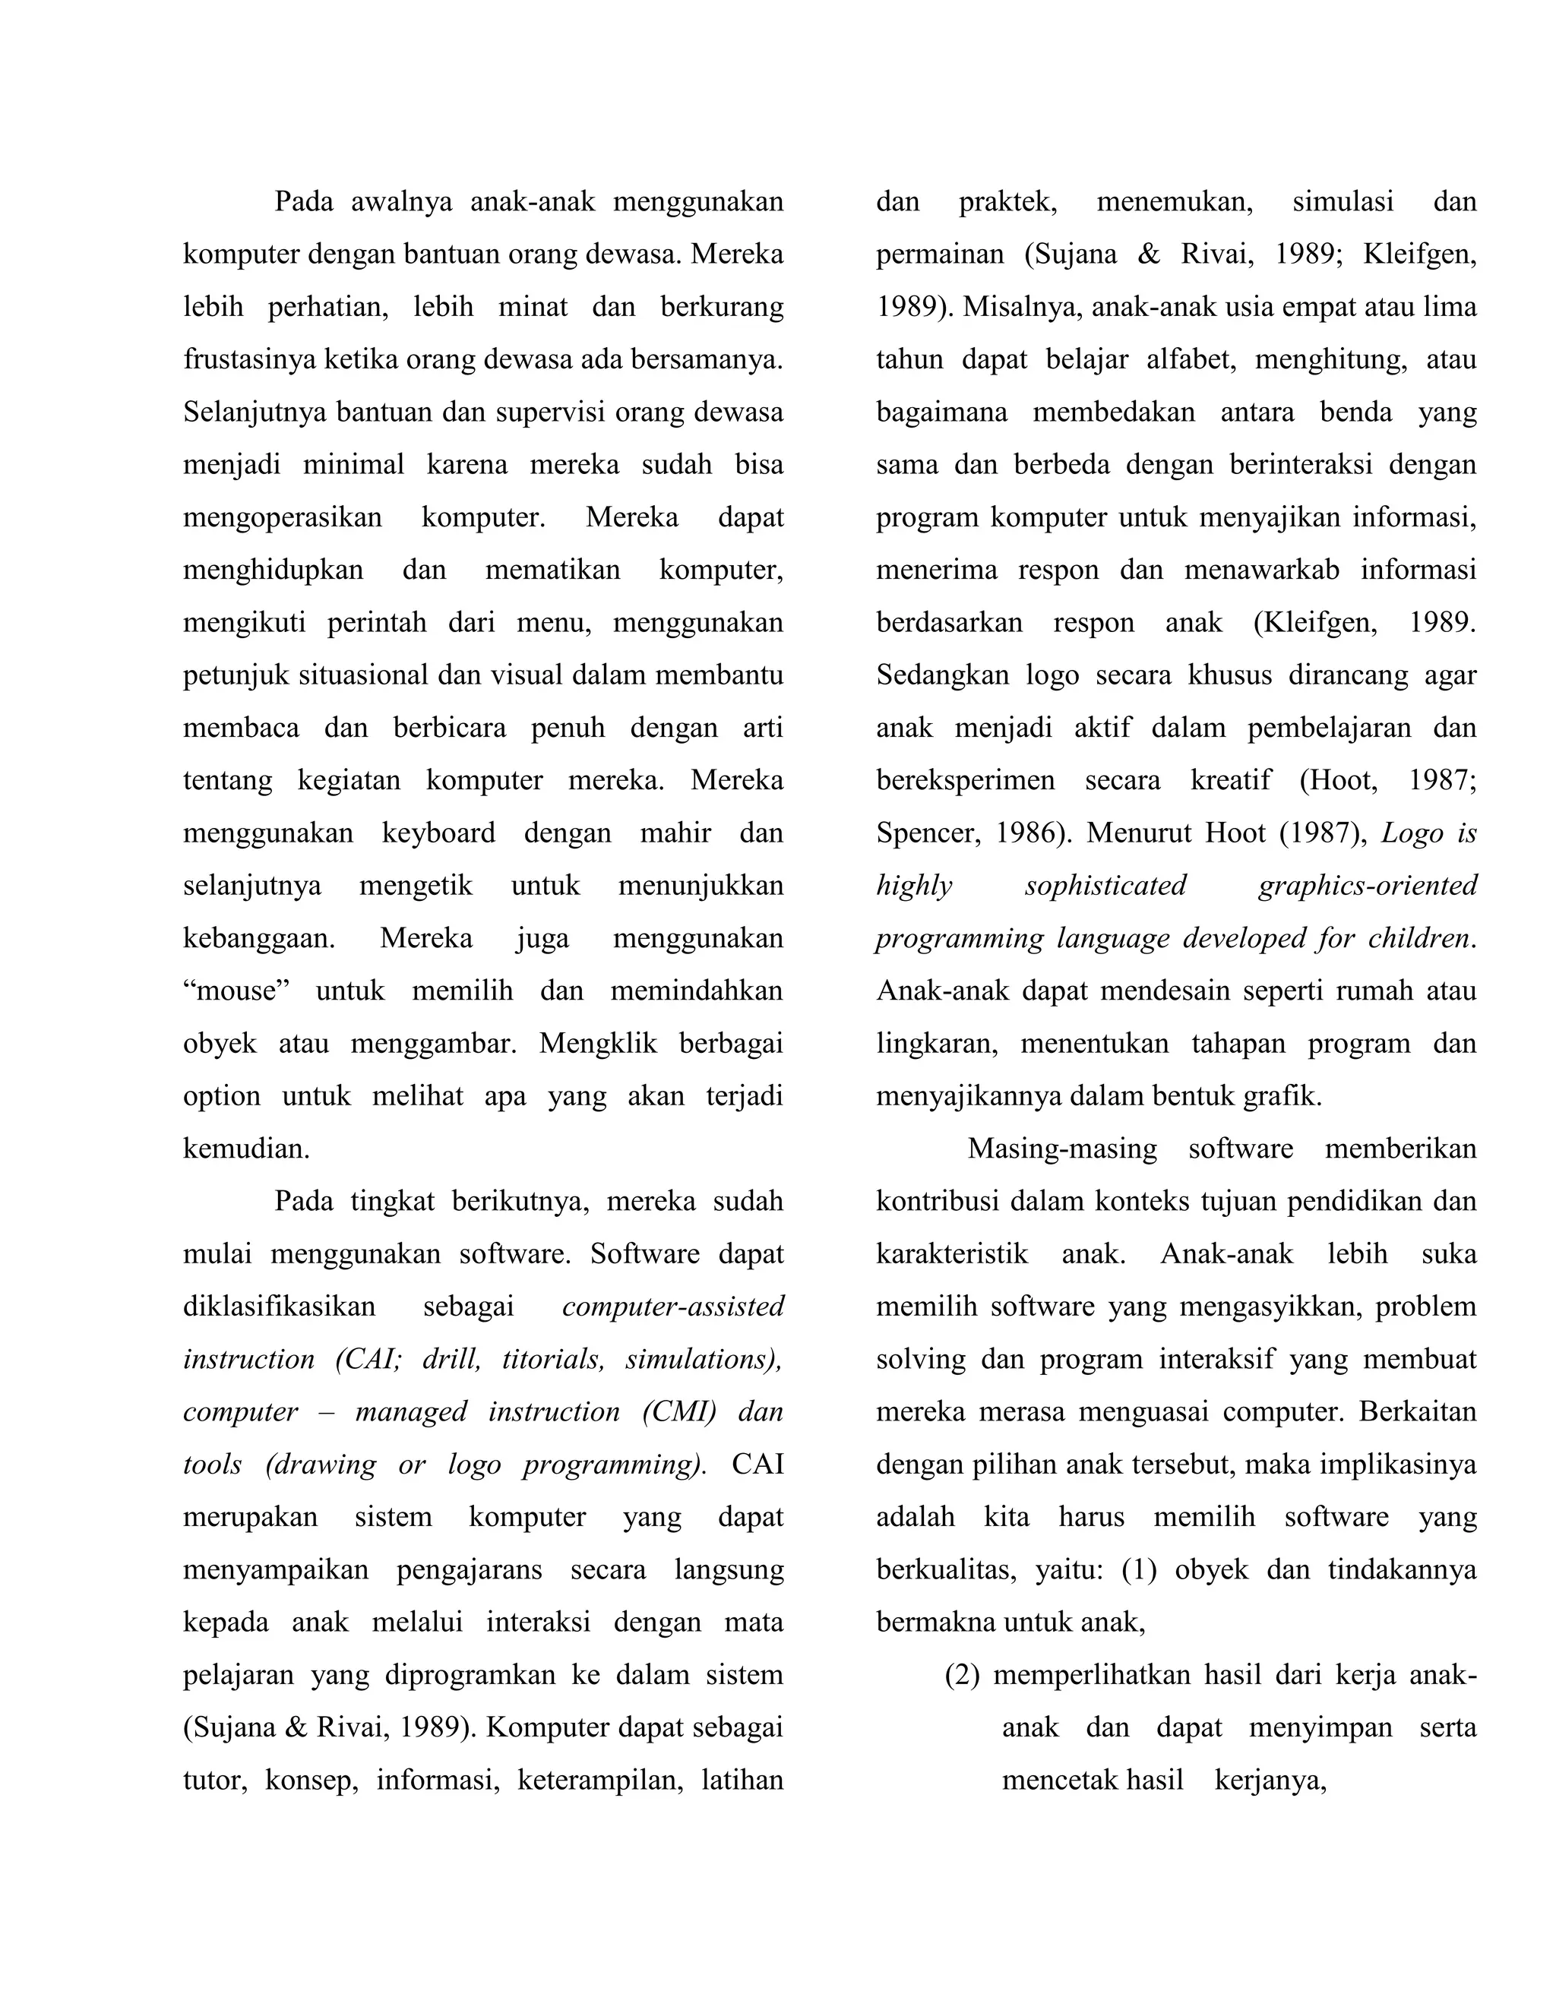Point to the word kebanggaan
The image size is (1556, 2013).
(258, 938)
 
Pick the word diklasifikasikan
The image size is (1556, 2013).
(280, 1307)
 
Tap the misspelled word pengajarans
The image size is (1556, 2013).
(470, 1569)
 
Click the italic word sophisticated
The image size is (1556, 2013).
(1105, 886)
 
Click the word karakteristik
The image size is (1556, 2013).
(951, 1254)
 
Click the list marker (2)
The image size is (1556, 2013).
(963, 1675)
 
